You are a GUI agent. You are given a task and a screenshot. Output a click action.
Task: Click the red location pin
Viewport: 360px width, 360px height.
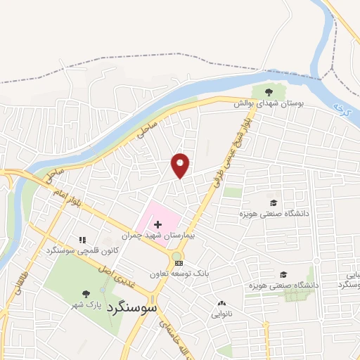point(181,165)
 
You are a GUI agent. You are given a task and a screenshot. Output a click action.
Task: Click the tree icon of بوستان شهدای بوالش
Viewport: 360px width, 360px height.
point(267,91)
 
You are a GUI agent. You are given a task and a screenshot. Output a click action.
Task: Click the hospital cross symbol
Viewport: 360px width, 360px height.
point(157,223)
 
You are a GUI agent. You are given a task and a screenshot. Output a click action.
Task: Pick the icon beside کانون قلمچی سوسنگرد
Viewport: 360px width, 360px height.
point(82,240)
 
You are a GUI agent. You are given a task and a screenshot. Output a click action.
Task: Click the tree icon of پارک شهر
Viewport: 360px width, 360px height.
point(86,294)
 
